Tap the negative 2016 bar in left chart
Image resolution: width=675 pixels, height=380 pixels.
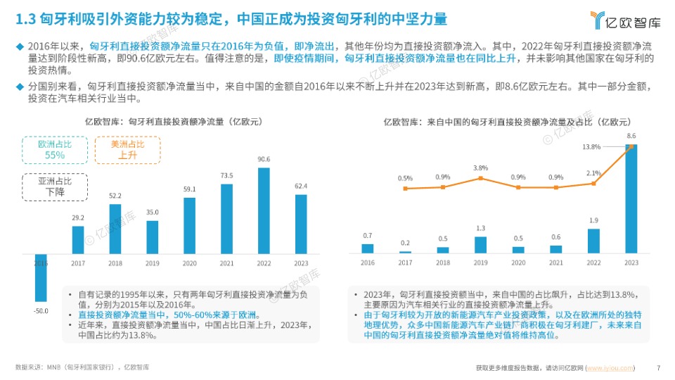tap(41, 277)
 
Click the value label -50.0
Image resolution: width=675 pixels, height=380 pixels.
tap(41, 310)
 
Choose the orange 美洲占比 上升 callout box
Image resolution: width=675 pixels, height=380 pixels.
tap(127, 149)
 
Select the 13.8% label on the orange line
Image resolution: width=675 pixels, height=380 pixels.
tap(591, 147)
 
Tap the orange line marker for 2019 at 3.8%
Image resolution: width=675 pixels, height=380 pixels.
tap(480, 179)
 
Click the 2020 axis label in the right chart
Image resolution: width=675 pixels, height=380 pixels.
tap(518, 262)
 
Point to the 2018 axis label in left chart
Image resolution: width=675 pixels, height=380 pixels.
tap(115, 262)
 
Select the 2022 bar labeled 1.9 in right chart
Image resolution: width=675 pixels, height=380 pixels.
tap(593, 241)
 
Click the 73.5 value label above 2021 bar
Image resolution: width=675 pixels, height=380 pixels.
tap(226, 176)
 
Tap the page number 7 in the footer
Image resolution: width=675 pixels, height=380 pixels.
tap(658, 367)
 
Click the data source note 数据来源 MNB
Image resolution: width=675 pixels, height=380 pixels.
tap(82, 367)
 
